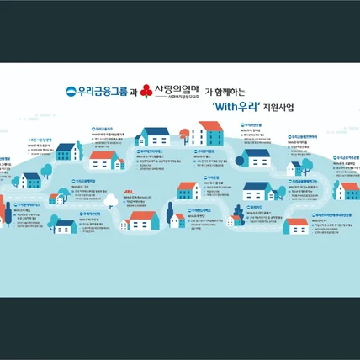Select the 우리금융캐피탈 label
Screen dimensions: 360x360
[x=154, y=151]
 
